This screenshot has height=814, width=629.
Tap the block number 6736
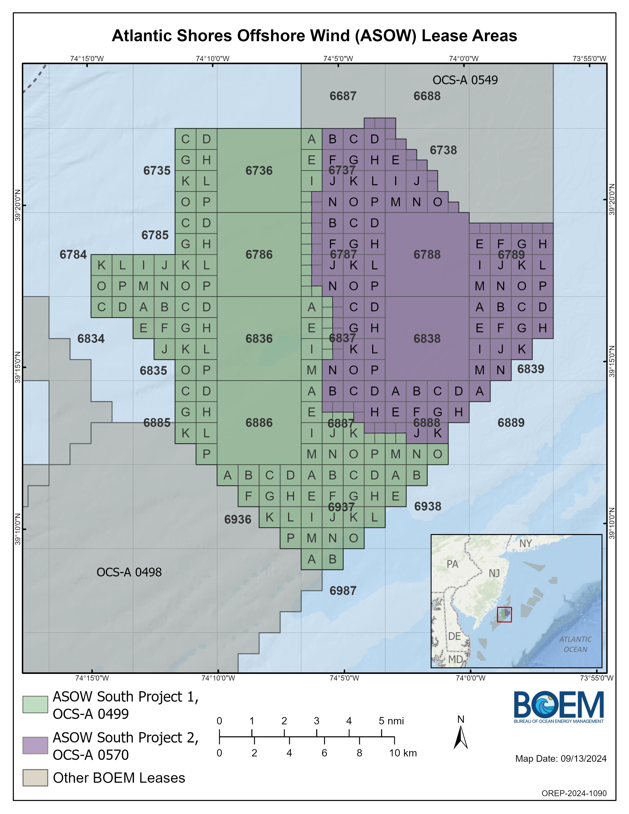(x=259, y=171)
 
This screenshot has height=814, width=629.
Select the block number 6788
(x=427, y=255)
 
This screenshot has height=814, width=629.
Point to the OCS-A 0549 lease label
(x=465, y=80)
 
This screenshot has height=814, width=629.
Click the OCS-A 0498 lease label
(x=129, y=572)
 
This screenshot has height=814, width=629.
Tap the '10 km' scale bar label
(x=403, y=753)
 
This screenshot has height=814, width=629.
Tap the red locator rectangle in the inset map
(x=504, y=614)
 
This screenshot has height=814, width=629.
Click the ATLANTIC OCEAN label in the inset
(x=575, y=644)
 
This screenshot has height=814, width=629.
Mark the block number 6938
(x=428, y=506)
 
